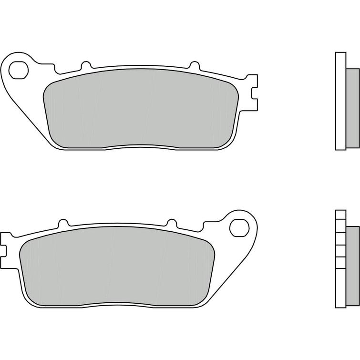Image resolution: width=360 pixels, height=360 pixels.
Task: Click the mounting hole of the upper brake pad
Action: [x=19, y=69]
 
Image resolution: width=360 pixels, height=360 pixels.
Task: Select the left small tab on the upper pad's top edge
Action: [x=85, y=66]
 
